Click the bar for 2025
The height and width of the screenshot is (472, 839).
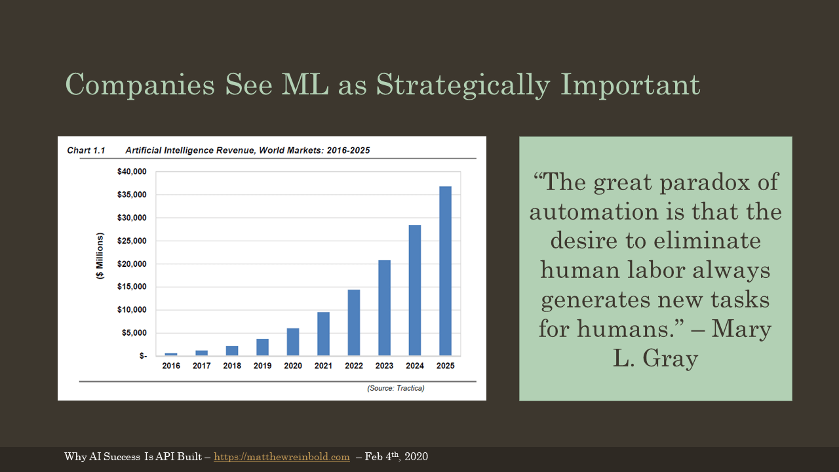pyautogui.click(x=445, y=271)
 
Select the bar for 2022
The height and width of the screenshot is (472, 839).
pyautogui.click(x=354, y=323)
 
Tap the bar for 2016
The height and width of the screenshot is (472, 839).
pyautogui.click(x=171, y=354)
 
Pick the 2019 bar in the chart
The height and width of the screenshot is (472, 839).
pyautogui.click(x=263, y=347)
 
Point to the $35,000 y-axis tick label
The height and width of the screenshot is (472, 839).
pyautogui.click(x=132, y=195)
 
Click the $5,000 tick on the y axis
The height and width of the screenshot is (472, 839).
pyautogui.click(x=134, y=333)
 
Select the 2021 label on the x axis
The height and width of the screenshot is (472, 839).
pyautogui.click(x=323, y=366)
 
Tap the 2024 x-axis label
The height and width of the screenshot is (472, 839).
pyautogui.click(x=415, y=366)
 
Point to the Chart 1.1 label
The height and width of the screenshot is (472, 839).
pyautogui.click(x=86, y=151)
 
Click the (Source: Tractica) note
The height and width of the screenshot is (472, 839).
pyautogui.click(x=396, y=388)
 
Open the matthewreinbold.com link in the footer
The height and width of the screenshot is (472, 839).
pyautogui.click(x=282, y=457)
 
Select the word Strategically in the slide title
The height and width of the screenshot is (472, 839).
pyautogui.click(x=463, y=85)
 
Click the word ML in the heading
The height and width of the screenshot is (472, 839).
pyautogui.click(x=305, y=85)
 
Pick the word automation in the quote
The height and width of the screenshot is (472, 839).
pyautogui.click(x=593, y=212)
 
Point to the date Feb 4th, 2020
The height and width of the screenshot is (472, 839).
pyautogui.click(x=397, y=456)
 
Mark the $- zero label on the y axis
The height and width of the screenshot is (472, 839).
pyautogui.click(x=143, y=356)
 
